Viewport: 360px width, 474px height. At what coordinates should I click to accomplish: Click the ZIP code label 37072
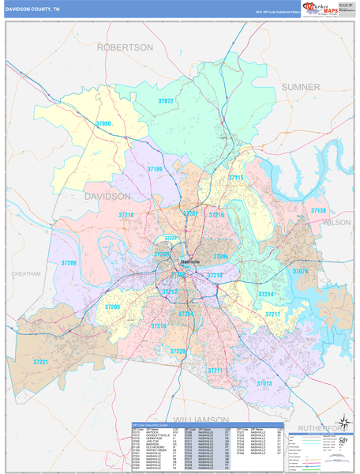[x=166, y=102]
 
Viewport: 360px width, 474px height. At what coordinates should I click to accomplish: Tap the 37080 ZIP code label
[x=103, y=124]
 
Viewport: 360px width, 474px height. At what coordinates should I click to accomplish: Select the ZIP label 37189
[x=155, y=169]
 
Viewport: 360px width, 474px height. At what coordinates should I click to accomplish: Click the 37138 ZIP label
[x=317, y=211]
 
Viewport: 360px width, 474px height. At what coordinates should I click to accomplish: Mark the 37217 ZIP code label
[x=272, y=314]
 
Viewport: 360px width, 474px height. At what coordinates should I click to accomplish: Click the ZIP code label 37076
[x=300, y=271]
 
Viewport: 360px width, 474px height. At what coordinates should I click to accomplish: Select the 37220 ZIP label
[x=178, y=351]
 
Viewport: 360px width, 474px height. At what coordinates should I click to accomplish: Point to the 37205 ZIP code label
[x=112, y=307]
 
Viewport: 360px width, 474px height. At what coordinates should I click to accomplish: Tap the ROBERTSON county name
[x=125, y=47]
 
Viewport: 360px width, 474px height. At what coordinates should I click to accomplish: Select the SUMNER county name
[x=301, y=86]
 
